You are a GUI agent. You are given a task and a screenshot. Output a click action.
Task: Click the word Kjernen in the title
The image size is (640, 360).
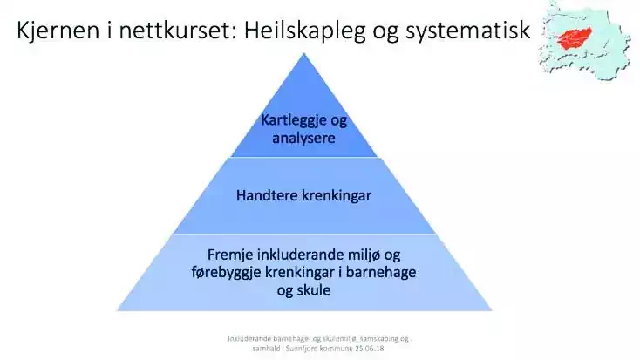58,31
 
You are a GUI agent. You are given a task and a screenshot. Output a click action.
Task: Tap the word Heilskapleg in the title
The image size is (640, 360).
305,31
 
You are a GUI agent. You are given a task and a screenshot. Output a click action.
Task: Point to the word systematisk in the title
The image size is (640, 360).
467,31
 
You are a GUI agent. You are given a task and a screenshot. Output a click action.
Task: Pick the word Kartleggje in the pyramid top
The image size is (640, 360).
294,120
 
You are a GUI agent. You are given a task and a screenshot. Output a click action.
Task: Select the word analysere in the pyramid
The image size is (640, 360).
303,138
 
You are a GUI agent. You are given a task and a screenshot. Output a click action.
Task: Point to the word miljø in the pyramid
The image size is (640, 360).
364,255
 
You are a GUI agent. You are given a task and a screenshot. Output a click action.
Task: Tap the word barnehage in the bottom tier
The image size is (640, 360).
381,272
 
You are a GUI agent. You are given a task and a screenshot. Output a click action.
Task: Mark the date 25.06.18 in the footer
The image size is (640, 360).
370,349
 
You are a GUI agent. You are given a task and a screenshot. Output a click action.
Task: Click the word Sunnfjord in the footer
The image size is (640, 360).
302,349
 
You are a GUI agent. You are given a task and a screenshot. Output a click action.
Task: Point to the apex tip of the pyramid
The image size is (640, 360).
304,53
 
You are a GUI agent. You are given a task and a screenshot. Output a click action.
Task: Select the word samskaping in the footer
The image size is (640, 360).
378,339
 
